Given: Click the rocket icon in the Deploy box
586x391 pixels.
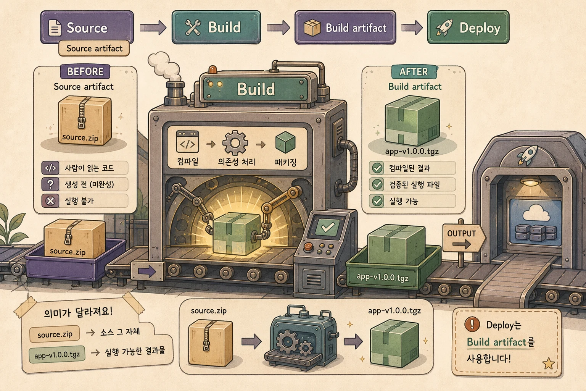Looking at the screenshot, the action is [x=444, y=27].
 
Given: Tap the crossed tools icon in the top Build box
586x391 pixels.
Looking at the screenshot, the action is [x=193, y=27].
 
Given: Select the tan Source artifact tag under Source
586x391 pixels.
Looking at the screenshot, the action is [x=94, y=48].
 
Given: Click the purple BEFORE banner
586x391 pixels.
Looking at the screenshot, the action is [x=85, y=71].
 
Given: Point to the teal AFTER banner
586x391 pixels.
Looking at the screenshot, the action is [x=414, y=72].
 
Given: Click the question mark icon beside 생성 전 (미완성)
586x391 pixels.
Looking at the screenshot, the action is [x=50, y=184].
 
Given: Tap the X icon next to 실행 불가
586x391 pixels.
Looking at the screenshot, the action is [x=50, y=201].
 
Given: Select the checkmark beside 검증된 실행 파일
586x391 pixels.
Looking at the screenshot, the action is [x=377, y=185].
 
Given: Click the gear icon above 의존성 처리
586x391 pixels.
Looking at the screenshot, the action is [x=235, y=143].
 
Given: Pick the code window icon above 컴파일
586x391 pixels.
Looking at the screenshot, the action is [x=187, y=142].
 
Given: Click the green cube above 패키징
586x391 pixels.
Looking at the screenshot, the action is [x=285, y=142].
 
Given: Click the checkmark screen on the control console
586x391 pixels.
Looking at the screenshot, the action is [x=327, y=227].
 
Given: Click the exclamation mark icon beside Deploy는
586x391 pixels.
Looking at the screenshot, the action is [x=472, y=324].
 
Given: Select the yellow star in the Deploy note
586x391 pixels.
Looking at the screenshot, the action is [x=548, y=364].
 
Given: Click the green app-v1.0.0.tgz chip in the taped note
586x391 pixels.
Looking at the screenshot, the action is [x=57, y=355].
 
